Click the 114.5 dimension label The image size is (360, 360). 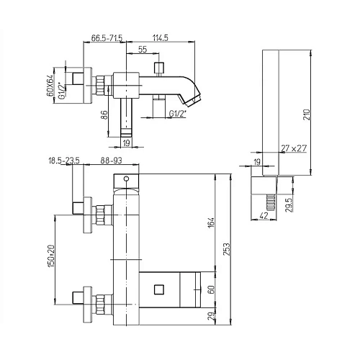[x=161, y=38]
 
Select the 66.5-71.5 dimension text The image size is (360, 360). [x=107, y=38]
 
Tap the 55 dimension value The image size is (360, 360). [x=143, y=50]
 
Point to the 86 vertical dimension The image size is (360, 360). [x=103, y=115]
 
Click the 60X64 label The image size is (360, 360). [x=50, y=86]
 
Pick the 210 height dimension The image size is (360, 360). [x=307, y=114]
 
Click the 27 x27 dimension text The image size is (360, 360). [x=294, y=148]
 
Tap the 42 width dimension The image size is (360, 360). [x=264, y=216]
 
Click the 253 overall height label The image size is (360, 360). [x=227, y=249]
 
